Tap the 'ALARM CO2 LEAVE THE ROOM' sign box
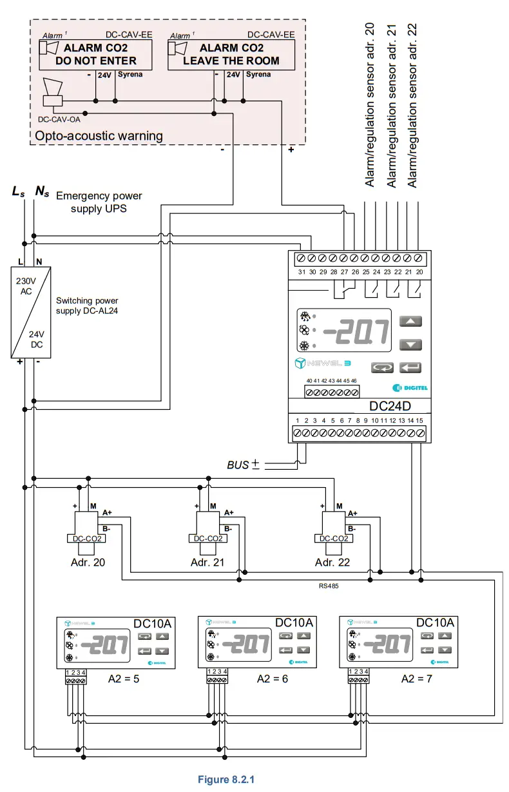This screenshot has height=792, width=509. pyautogui.click(x=231, y=54)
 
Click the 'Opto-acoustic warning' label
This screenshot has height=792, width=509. pyautogui.click(x=98, y=135)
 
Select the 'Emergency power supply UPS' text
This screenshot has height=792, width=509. pyautogui.click(x=99, y=202)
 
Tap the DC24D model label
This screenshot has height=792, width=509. pyautogui.click(x=390, y=407)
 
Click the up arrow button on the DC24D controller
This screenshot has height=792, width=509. pyautogui.click(x=410, y=321)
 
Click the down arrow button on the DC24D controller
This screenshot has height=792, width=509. pyautogui.click(x=410, y=344)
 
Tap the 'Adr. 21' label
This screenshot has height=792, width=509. pyautogui.click(x=207, y=562)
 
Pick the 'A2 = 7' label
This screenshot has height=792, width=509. pyautogui.click(x=418, y=679)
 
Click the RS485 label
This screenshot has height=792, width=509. pyautogui.click(x=329, y=586)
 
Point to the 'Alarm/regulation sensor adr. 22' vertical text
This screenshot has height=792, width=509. pyautogui.click(x=413, y=106)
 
